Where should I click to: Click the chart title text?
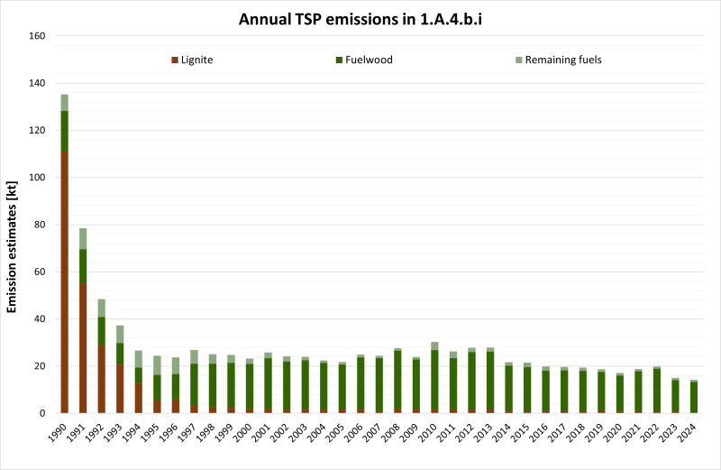tap(360, 18)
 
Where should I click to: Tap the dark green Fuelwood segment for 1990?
tap(65, 131)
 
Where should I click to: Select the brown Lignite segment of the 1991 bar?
tap(83, 348)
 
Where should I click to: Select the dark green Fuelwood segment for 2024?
tap(693, 397)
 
